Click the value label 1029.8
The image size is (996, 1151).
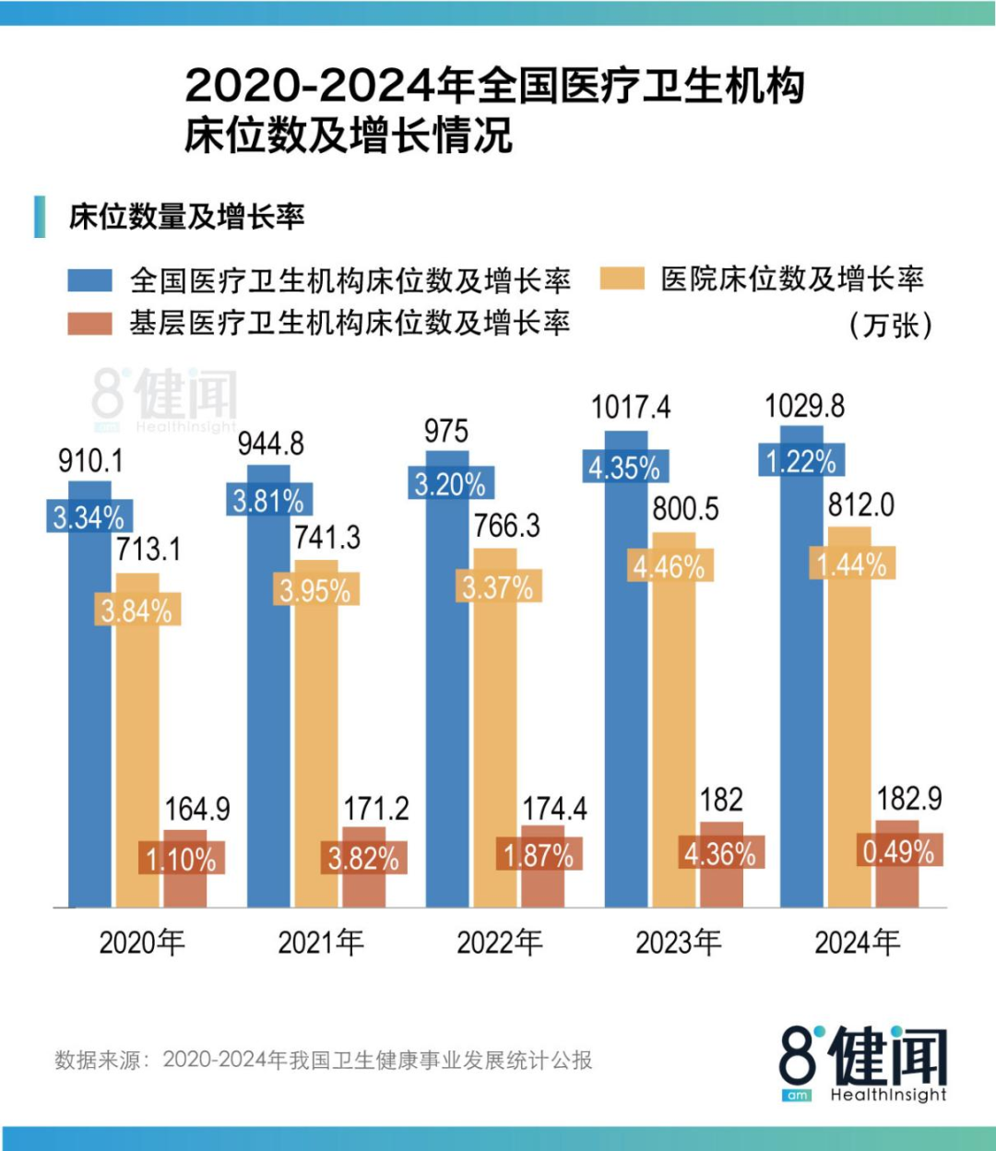(x=804, y=406)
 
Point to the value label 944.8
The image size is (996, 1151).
(x=270, y=444)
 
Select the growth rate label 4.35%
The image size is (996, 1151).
(x=624, y=468)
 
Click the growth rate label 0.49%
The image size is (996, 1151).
(x=898, y=851)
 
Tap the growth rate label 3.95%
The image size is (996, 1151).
(x=314, y=590)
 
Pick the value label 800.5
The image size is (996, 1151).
(x=685, y=508)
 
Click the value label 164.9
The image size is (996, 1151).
(x=197, y=809)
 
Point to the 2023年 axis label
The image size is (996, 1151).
(x=678, y=942)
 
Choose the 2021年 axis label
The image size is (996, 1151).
(x=321, y=942)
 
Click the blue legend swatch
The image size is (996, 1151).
(x=90, y=279)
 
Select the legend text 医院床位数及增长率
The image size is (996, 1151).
(x=792, y=279)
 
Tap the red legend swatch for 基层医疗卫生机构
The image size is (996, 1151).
(x=90, y=323)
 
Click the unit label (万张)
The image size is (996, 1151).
(x=890, y=325)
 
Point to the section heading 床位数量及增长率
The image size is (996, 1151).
(x=186, y=217)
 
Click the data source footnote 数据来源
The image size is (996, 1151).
(x=323, y=1060)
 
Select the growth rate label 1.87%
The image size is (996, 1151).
(x=539, y=855)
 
